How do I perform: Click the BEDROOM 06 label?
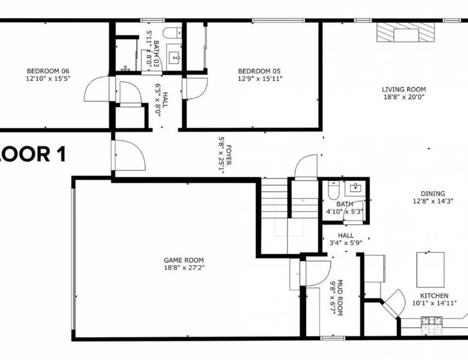point(48,71)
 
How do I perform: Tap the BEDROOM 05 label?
point(259,72)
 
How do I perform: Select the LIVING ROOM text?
point(404,89)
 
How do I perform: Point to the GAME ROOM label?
point(184,260)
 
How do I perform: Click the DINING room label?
point(433,194)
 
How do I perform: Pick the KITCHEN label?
point(434,296)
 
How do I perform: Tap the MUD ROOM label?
point(340,297)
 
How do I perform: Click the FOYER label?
point(229,155)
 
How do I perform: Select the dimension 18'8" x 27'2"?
point(184,268)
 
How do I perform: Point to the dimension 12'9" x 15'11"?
point(260,79)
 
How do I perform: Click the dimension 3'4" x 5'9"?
point(346,243)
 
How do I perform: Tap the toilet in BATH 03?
point(173,33)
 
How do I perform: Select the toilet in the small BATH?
point(333,191)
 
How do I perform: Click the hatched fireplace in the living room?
point(405,32)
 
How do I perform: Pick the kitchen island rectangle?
point(430,270)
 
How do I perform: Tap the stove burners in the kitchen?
point(431,321)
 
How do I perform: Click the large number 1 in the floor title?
point(61,154)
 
